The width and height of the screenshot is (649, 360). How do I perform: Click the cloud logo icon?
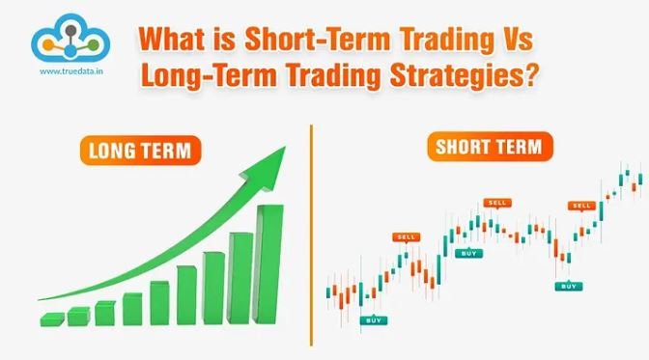point(67,38)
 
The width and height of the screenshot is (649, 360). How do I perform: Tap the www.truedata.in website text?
point(67,71)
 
